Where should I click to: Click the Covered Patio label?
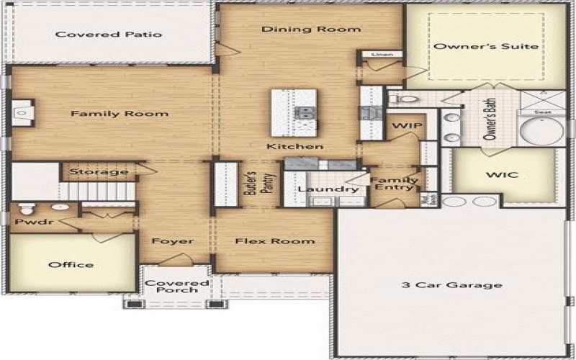pos(109,34)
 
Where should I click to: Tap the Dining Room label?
pos(310,30)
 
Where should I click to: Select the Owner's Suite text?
pos(486,46)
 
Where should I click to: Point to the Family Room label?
pos(119,113)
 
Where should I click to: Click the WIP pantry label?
pos(402,125)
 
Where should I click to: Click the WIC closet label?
pos(503,174)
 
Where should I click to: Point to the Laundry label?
pos(318,189)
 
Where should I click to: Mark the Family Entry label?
pos(394,184)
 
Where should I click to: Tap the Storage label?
pos(99,171)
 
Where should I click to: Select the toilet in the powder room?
pos(27,210)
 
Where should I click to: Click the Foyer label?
pos(172,240)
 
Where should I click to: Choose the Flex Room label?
pos(275,240)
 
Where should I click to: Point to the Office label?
pos(71,264)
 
